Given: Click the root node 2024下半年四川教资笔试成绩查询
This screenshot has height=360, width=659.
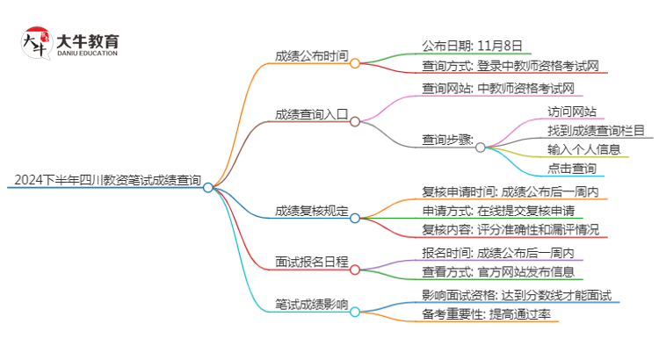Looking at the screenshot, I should tap(106, 181).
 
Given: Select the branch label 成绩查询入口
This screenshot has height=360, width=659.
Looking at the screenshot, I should tap(311, 114).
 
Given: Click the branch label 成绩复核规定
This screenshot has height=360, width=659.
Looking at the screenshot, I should tap(311, 211).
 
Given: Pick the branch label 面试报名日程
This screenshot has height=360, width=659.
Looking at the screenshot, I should tap(311, 262).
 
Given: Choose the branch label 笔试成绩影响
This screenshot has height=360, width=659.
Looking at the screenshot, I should tap(311, 306).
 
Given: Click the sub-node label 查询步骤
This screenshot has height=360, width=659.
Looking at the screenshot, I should tap(447, 140).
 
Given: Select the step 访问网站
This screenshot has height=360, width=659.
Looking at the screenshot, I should tap(572, 112).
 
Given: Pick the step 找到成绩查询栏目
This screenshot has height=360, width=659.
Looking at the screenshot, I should tap(596, 130).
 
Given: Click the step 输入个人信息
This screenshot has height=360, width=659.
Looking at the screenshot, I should tap(584, 149).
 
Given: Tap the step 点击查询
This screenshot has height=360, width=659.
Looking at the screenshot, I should tap(572, 168).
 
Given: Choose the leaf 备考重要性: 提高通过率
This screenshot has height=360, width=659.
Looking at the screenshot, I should tap(487, 313).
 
